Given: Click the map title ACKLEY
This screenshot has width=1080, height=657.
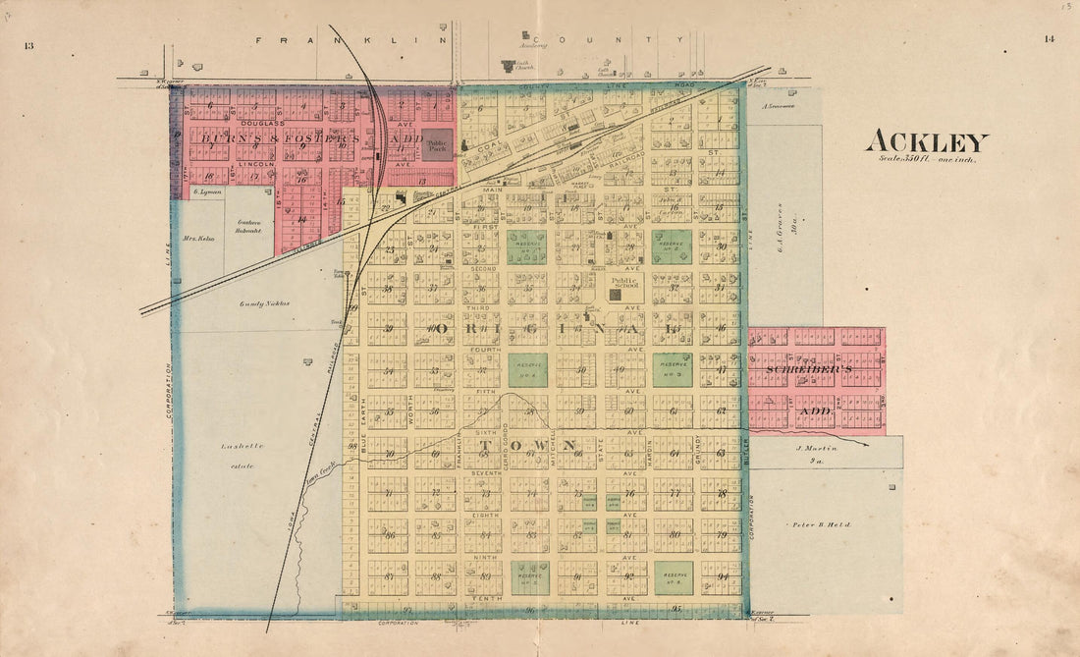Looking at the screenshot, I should [926, 142].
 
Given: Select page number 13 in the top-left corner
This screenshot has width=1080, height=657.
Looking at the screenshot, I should [29, 45].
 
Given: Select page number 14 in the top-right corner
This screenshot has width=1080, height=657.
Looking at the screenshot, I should [1050, 39].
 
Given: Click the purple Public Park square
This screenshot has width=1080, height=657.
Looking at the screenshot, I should [438, 143].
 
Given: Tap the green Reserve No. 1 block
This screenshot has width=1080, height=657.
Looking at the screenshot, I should [527, 246].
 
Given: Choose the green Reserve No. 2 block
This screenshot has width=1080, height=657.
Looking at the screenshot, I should [673, 246].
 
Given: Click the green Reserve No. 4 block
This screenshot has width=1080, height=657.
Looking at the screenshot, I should [527, 369].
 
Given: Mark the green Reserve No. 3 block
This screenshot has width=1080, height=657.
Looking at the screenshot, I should [673, 369].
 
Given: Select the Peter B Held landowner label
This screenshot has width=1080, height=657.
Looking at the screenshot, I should [825, 525].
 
